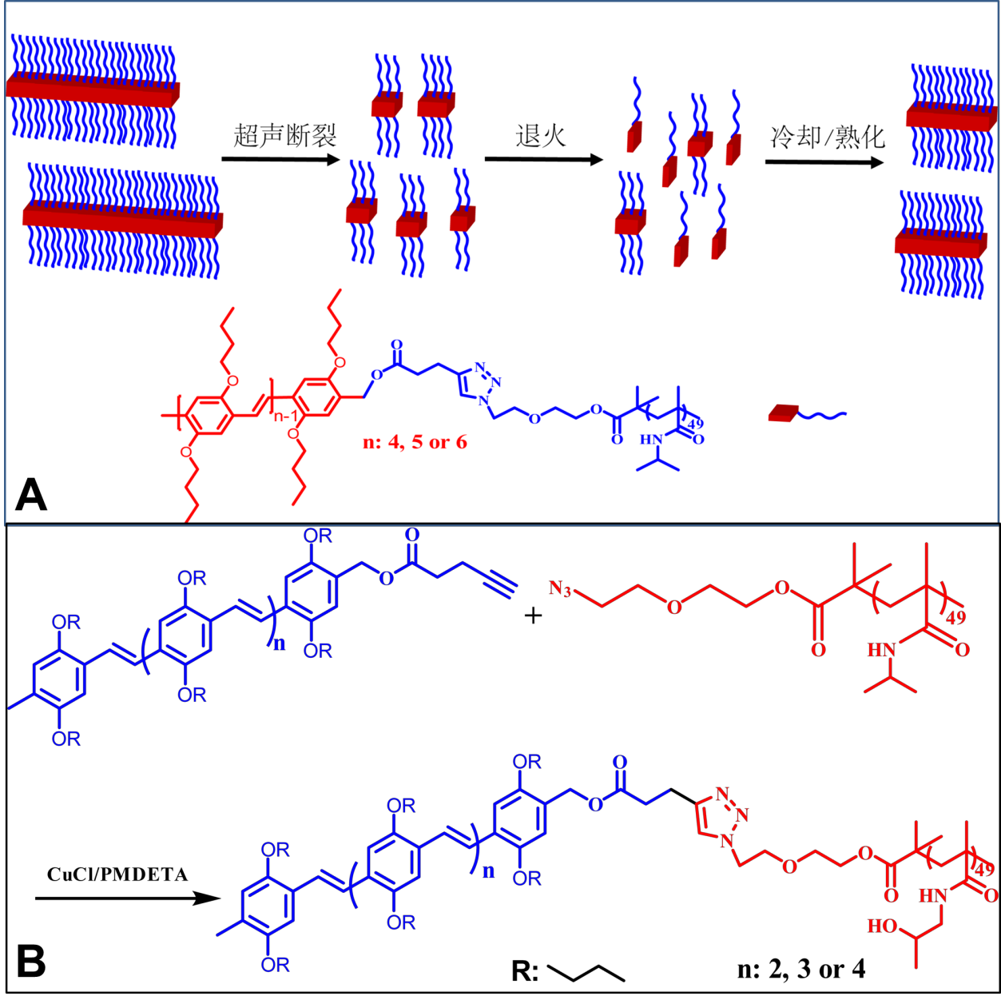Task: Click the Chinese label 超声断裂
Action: click(x=284, y=135)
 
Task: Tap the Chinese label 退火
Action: click(x=541, y=135)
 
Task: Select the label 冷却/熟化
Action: click(x=827, y=137)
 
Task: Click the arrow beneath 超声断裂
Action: click(x=281, y=160)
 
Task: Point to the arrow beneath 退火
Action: click(x=543, y=159)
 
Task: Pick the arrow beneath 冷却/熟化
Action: click(x=824, y=162)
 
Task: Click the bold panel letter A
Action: click(x=31, y=495)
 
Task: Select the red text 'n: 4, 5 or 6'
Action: click(x=415, y=442)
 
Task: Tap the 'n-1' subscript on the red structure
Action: click(x=285, y=416)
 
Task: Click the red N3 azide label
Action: click(x=560, y=590)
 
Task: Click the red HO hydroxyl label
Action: click(x=882, y=926)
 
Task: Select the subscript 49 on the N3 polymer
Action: click(x=955, y=616)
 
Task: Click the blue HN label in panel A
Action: click(x=651, y=440)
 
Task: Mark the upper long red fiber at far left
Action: click(x=93, y=90)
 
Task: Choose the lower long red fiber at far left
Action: click(x=122, y=219)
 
